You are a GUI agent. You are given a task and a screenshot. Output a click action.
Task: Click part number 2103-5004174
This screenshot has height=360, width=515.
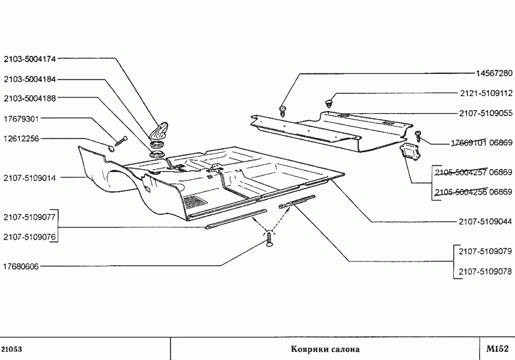coord(30,59)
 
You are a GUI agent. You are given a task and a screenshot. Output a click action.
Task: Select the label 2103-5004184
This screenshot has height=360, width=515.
coord(30,79)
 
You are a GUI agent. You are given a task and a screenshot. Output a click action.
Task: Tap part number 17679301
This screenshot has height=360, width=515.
coord(21,119)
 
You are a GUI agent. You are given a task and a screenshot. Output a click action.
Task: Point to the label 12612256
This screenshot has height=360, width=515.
coord(21,139)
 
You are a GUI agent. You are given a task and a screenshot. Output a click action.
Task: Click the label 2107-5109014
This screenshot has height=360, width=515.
coord(30,178)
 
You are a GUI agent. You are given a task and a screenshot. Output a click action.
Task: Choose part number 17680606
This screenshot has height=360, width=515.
coord(21,266)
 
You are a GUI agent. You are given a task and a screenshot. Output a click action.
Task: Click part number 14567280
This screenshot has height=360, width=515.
coord(494,73)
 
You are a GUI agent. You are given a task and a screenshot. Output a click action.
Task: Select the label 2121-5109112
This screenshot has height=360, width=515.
coord(486,94)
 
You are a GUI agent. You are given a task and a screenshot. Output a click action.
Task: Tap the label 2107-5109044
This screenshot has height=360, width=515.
coord(486,222)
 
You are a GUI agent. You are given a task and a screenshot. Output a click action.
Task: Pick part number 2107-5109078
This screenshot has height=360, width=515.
coord(486,272)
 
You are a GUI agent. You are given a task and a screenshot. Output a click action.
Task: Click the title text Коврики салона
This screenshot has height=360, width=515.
coord(325,349)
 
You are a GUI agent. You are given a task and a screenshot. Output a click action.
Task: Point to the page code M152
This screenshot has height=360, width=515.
coord(497,348)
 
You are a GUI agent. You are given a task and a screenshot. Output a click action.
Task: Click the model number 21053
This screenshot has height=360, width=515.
coord(12,349)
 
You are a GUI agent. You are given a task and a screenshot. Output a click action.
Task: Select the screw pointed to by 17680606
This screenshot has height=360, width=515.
coord(269,239)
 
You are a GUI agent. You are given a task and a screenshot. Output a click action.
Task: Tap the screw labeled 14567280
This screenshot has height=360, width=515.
coord(283,111)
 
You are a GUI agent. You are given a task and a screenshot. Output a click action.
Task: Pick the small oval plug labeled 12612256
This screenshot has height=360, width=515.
coord(111,148)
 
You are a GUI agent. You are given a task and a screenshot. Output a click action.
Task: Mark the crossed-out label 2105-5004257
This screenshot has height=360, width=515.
coord(461,173)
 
